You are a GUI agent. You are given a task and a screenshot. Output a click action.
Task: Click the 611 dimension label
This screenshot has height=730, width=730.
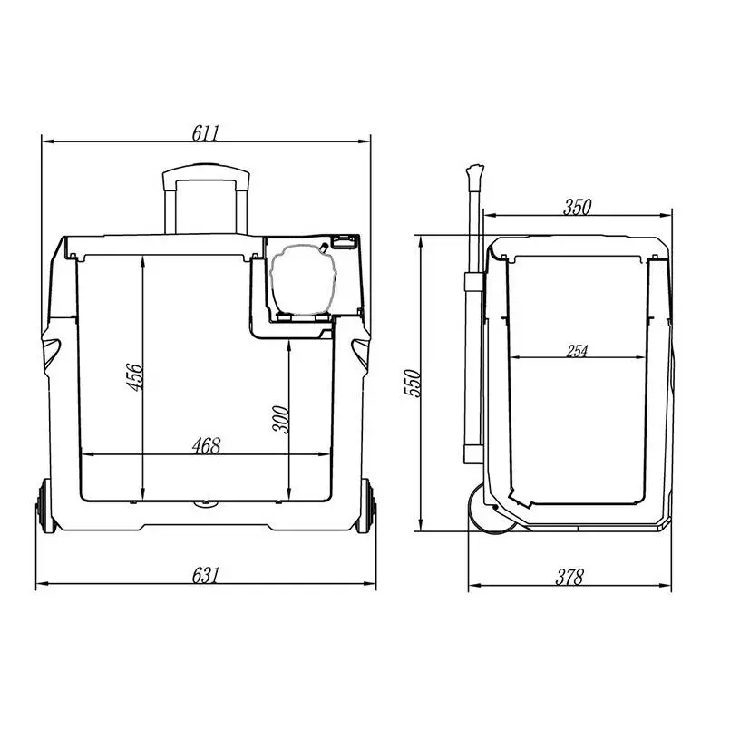(205, 133)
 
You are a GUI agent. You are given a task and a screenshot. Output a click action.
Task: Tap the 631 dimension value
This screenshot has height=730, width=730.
(205, 576)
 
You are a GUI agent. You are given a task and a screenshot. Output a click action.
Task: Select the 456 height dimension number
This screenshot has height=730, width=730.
(135, 377)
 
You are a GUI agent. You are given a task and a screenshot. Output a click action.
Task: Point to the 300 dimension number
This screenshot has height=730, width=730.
(281, 420)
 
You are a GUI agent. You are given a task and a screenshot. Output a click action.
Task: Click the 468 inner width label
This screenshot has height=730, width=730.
(206, 446)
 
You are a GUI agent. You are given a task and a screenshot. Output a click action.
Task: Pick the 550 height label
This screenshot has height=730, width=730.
(412, 384)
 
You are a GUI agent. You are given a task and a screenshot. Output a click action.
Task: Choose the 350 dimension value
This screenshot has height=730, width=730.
(578, 207)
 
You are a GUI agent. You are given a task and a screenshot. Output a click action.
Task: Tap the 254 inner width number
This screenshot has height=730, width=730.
(577, 351)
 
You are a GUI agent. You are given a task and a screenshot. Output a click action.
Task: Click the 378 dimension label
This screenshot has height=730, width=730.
(569, 578)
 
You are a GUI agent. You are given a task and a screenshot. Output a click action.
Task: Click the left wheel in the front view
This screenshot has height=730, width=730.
(44, 506)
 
